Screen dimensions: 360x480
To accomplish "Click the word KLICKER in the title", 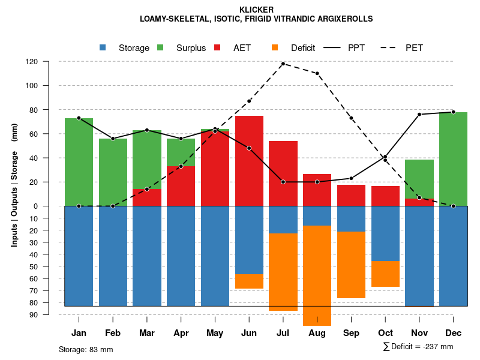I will tap(256, 10).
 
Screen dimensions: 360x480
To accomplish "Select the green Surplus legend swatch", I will tap(160, 47).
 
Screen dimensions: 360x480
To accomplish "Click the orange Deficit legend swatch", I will tap(275, 47).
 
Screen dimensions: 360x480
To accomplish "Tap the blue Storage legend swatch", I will tap(103, 47).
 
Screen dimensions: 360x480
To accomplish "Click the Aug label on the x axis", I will tap(317, 333).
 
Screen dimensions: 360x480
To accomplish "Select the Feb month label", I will tap(113, 333).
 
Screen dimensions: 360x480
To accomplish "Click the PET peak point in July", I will tap(283, 64).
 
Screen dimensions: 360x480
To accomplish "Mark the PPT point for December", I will tap(453, 112).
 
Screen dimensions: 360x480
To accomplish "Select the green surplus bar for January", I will tap(79, 162).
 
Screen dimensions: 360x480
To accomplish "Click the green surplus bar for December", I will tap(453, 159).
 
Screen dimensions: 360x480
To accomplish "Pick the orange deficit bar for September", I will tap(351, 265).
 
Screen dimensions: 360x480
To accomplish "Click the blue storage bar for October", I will tap(385, 233).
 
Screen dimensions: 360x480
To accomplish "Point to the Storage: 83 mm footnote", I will tap(86, 349).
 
